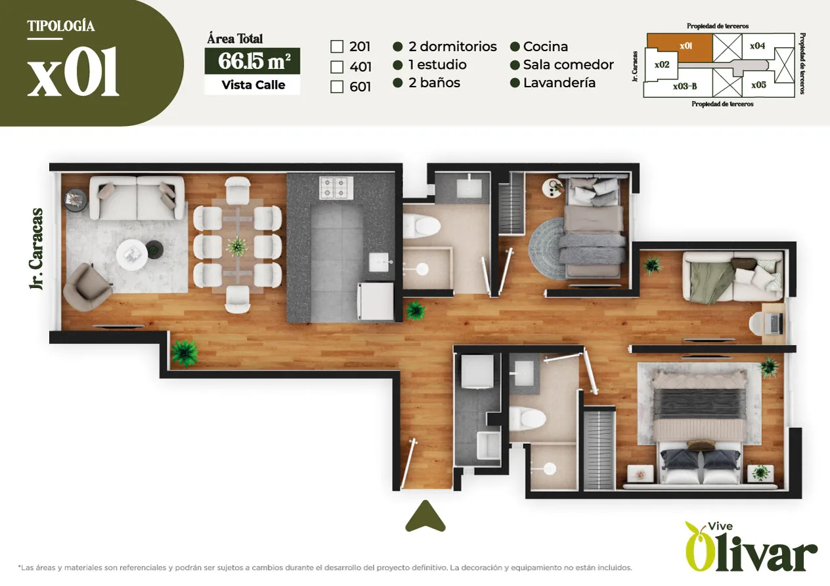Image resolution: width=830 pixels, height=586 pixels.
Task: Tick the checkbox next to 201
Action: (336, 47)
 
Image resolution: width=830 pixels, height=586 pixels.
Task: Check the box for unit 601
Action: (336, 87)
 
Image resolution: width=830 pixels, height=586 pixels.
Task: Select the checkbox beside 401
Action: (336, 67)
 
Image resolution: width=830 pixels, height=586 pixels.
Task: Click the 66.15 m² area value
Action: (253, 61)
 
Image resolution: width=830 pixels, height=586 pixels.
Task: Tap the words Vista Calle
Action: (253, 85)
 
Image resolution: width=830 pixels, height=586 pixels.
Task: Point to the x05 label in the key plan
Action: (758, 85)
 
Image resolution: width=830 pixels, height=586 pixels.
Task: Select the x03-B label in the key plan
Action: (685, 86)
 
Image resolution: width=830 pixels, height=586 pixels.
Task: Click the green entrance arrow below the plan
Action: (426, 516)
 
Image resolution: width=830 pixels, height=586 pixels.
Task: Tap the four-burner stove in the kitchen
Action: (336, 188)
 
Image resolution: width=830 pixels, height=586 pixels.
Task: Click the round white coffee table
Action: (131, 255)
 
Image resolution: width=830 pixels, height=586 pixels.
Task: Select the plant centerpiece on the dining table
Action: (237, 246)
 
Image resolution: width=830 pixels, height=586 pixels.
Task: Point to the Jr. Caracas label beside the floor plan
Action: (36, 249)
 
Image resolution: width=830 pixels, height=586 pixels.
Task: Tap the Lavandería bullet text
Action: (559, 83)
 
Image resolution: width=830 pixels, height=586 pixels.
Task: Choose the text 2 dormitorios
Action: (452, 47)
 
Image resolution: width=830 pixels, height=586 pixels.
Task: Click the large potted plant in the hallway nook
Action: (185, 353)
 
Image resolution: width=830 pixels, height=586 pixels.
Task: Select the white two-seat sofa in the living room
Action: (137, 198)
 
